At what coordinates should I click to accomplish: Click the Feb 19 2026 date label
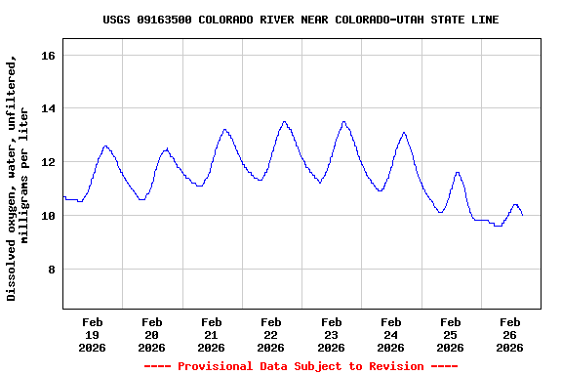tap(93, 334)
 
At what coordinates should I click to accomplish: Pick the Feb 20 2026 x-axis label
tap(152, 334)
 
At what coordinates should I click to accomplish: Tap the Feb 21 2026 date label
tap(212, 334)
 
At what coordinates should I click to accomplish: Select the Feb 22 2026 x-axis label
tap(271, 334)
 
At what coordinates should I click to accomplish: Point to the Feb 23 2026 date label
tap(332, 334)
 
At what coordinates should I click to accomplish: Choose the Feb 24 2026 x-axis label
tap(391, 334)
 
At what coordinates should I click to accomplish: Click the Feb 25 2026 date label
tap(451, 334)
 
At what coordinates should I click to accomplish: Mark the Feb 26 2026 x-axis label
tap(510, 334)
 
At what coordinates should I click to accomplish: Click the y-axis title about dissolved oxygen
tap(18, 178)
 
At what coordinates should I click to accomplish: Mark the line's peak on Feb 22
tap(284, 122)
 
